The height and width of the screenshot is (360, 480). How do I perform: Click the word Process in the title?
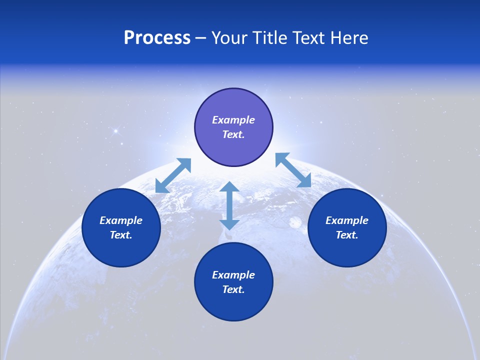pyautogui.click(x=157, y=38)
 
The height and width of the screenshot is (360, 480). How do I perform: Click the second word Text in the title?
pyautogui.click(x=310, y=38)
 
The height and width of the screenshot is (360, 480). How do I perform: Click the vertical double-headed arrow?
pyautogui.click(x=229, y=205)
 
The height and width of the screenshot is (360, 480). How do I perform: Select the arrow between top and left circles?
pyautogui.click(x=173, y=175)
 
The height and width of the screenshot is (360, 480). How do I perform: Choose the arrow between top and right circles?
pyautogui.click(x=293, y=170)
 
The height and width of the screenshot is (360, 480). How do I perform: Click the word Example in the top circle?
pyautogui.click(x=233, y=120)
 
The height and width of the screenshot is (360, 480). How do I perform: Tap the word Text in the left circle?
pyautogui.click(x=121, y=235)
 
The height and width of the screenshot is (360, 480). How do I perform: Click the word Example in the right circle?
pyautogui.click(x=347, y=220)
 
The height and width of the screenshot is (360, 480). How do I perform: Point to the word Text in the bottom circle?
pyautogui.click(x=233, y=289)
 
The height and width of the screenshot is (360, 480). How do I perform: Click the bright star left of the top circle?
pyautogui.click(x=115, y=131)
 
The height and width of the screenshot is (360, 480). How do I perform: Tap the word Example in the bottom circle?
pyautogui.click(x=233, y=275)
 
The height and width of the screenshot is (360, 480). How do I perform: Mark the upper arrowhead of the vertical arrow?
pyautogui.click(x=229, y=187)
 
